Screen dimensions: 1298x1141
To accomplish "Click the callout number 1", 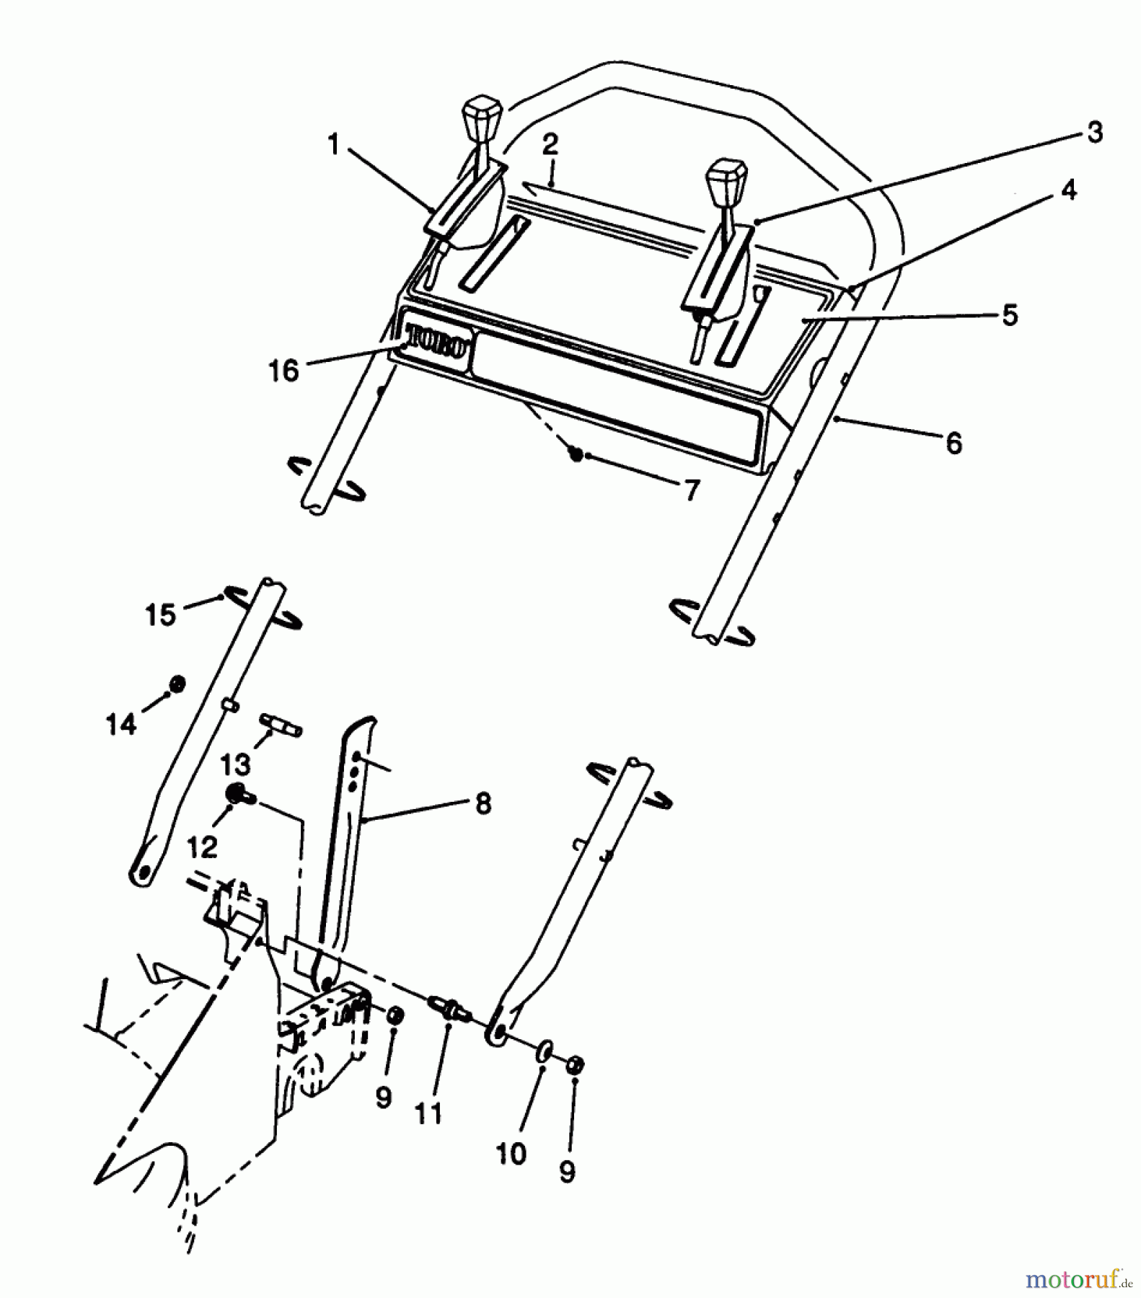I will click(333, 145).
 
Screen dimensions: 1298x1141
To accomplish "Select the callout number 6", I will click(953, 443).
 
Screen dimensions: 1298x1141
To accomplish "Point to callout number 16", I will click(283, 371).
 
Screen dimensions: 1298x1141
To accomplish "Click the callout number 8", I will click(483, 803).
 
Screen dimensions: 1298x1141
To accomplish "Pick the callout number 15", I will click(160, 615).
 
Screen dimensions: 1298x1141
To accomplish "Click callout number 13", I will click(235, 763).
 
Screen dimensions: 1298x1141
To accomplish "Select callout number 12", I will click(202, 847).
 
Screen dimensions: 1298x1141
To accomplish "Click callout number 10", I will click(511, 1154).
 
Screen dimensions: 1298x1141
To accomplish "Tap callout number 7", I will click(691, 490).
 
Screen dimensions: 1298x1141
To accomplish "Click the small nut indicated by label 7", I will click(576, 454).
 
